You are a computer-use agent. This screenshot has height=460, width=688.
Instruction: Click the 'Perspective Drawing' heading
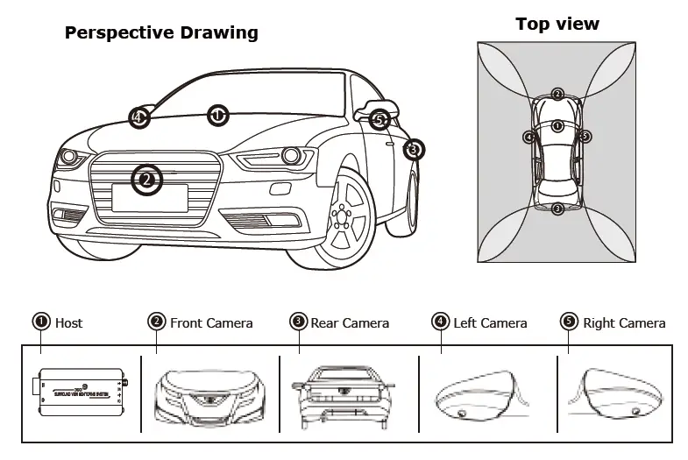pyautogui.click(x=162, y=33)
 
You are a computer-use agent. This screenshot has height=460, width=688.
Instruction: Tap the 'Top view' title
pyautogui.click(x=557, y=24)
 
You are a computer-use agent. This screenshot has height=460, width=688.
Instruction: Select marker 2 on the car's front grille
pyautogui.click(x=146, y=180)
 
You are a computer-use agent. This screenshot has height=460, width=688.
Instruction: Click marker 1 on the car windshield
pyautogui.click(x=217, y=115)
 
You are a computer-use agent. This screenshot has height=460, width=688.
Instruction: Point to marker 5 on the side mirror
pyautogui.click(x=379, y=119)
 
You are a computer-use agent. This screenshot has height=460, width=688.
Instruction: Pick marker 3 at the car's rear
pyautogui.click(x=414, y=150)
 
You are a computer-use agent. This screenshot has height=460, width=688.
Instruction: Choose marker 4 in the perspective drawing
pyautogui.click(x=138, y=117)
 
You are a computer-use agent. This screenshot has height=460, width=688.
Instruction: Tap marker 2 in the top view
pyautogui.click(x=557, y=95)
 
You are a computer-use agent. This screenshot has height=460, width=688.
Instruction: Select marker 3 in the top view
pyautogui.click(x=557, y=209)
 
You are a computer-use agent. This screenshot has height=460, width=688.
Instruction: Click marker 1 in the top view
pyautogui.click(x=557, y=126)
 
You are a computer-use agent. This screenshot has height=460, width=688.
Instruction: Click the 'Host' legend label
pyautogui.click(x=68, y=323)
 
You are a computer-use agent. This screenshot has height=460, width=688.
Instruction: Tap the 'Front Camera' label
pyautogui.click(x=211, y=323)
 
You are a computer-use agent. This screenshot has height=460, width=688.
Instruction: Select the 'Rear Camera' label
pyautogui.click(x=348, y=323)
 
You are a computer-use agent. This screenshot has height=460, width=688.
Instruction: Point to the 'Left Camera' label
pyautogui.click(x=490, y=323)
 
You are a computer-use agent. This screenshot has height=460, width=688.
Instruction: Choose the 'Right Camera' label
pyautogui.click(x=624, y=323)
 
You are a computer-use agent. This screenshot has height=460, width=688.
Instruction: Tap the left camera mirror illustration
pyautogui.click(x=478, y=394)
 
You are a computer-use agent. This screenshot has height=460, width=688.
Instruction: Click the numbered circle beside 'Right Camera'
pyautogui.click(x=569, y=322)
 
